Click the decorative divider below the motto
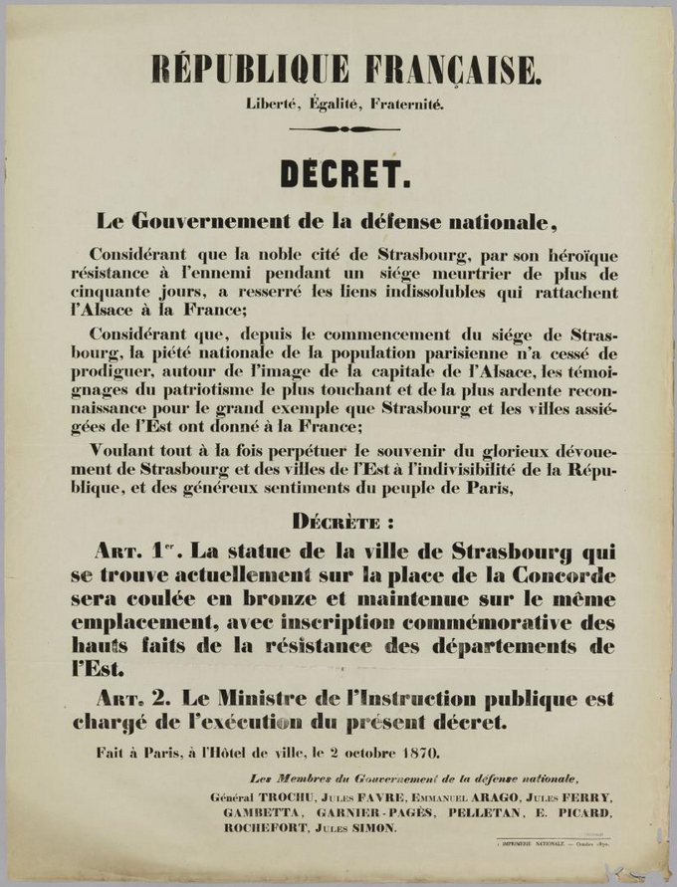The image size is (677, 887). tap(343, 129)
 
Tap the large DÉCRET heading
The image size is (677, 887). tap(344, 174)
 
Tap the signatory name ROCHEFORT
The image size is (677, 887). tap(265, 827)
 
